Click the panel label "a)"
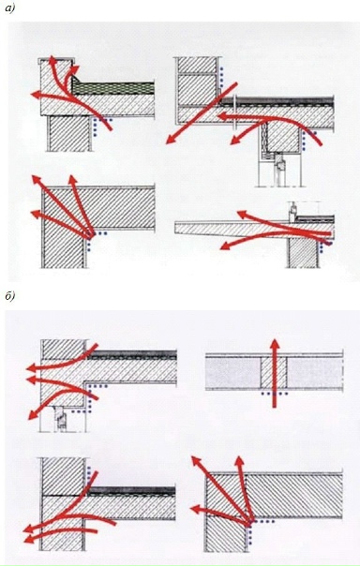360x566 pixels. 9,8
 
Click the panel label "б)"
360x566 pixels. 9,296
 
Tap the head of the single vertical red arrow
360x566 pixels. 275,345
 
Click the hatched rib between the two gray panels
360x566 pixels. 274,373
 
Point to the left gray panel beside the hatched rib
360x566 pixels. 233,373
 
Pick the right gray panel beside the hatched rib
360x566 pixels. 314,373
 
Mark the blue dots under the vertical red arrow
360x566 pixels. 275,393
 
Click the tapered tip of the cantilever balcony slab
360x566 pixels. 176,228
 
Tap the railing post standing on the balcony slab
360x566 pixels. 292,213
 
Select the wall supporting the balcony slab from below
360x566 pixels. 304,253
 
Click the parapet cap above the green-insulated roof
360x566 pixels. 56,60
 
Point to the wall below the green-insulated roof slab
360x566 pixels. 69,133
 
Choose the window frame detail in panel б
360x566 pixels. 61,419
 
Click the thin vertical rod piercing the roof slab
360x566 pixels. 234,112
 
